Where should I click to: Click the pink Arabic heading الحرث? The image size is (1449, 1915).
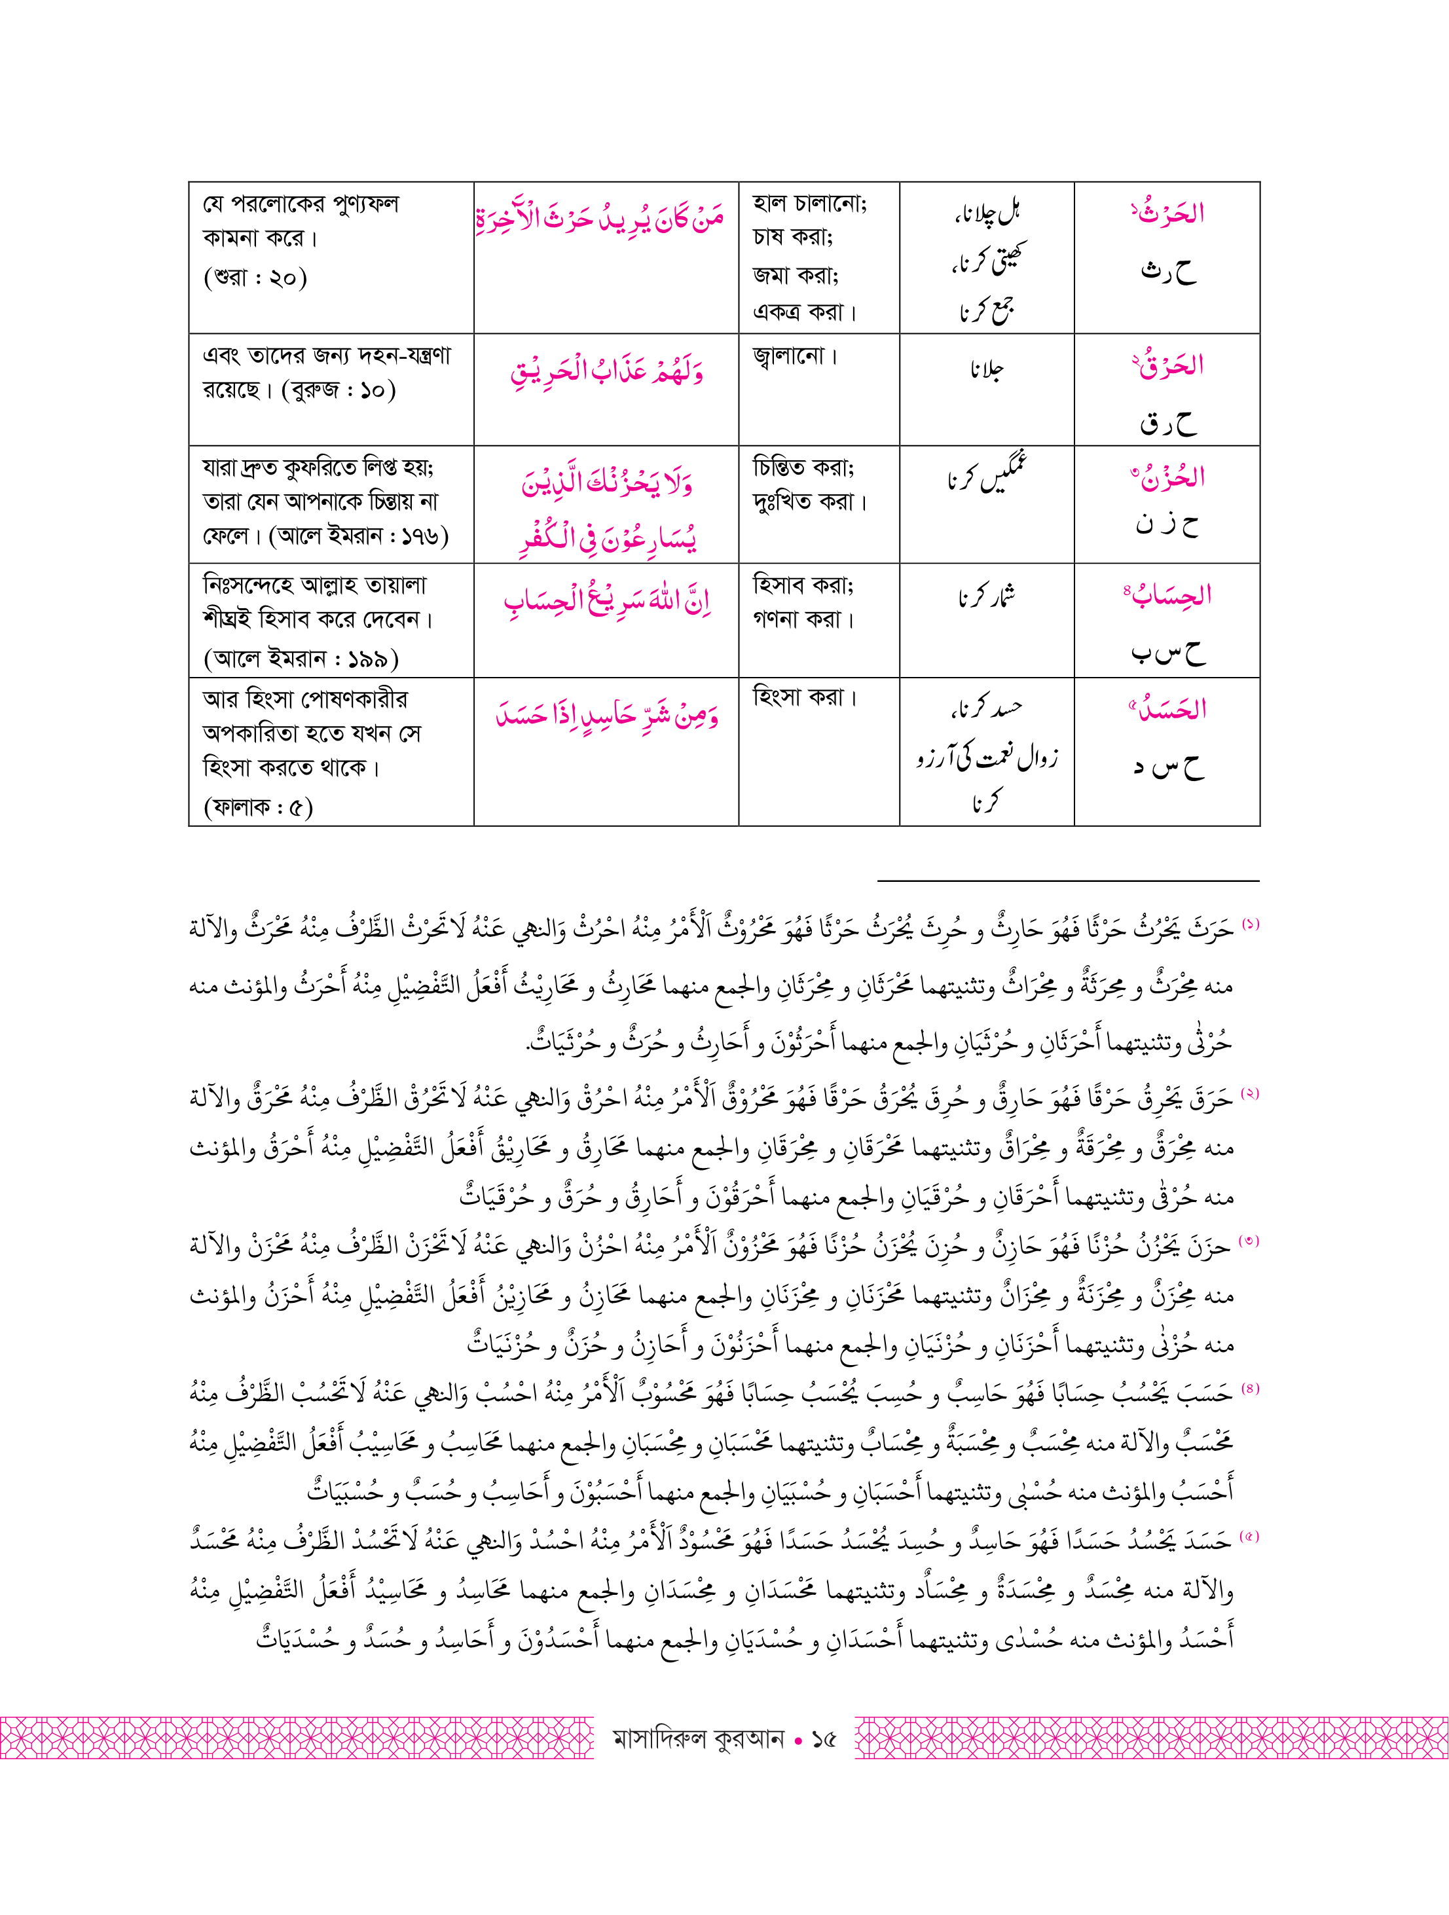click(1169, 213)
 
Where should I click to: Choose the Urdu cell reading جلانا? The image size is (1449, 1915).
click(986, 370)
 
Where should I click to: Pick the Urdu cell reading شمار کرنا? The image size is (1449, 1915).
click(986, 597)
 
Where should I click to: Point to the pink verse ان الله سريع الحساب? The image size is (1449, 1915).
click(606, 601)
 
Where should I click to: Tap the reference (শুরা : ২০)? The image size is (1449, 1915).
click(255, 278)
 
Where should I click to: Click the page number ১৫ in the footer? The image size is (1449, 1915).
click(823, 1740)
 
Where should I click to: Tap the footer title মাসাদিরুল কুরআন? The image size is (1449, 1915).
click(698, 1740)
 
